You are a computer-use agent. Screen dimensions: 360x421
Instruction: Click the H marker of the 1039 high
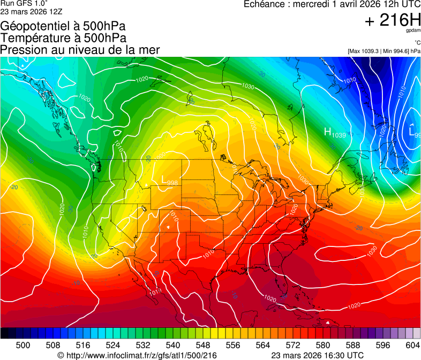327,132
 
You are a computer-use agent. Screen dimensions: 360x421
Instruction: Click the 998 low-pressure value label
172,183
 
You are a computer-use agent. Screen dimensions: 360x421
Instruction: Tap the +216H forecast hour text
393,20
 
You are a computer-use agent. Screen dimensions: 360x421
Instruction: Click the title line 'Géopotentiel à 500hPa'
63,26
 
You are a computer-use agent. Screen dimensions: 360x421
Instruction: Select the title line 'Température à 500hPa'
63,38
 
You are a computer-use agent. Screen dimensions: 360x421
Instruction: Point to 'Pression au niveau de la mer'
80,50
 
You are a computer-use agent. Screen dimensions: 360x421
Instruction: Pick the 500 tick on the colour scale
23,346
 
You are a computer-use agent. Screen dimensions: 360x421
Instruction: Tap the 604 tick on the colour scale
413,346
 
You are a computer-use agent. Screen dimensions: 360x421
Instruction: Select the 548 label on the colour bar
203,346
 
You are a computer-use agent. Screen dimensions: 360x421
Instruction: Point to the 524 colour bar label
113,346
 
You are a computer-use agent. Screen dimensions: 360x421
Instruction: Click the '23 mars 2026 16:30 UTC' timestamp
318,355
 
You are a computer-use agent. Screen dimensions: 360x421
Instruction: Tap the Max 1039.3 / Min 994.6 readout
384,51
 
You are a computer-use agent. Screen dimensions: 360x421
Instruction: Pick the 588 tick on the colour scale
353,346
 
